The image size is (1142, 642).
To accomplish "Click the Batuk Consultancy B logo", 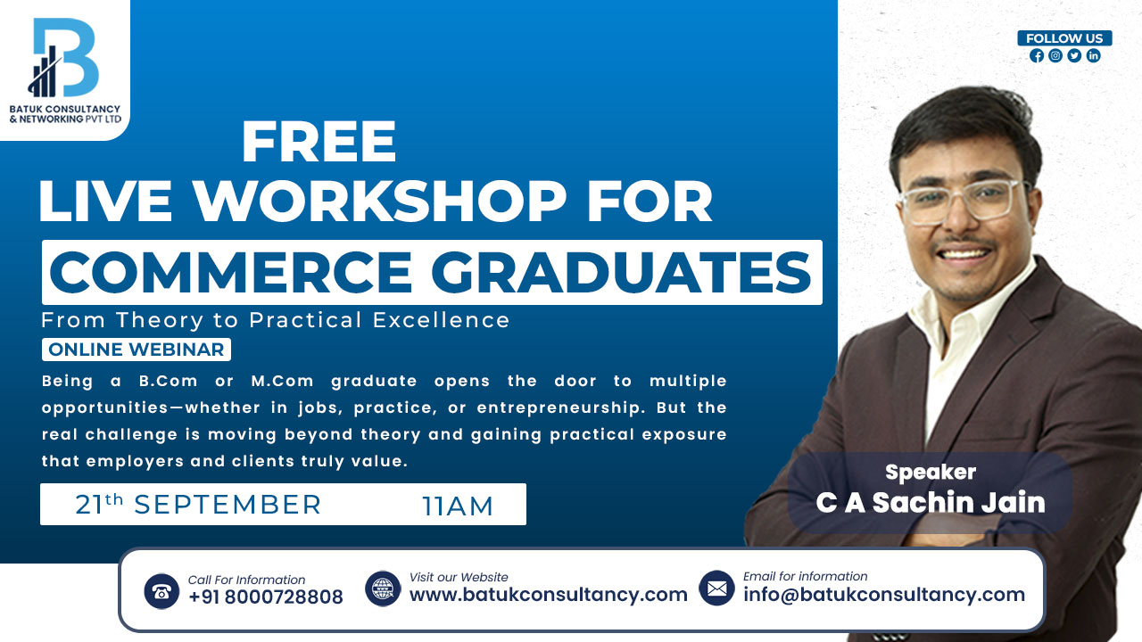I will click(63, 59).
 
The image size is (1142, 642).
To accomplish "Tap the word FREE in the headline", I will click(319, 142).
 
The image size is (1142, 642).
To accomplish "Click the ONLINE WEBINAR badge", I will click(137, 350).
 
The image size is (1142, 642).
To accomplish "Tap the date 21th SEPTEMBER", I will click(198, 505).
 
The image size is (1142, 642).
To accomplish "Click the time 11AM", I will click(458, 506).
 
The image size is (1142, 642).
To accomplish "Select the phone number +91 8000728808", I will click(265, 597).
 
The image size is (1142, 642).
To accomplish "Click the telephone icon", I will click(161, 590).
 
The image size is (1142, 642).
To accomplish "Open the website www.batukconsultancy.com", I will click(548, 595).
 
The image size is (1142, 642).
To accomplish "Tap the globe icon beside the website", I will click(383, 588).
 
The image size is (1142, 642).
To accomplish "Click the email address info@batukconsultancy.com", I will click(883, 595).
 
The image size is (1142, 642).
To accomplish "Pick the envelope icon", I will click(716, 588).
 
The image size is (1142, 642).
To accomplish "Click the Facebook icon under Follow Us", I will click(1036, 55).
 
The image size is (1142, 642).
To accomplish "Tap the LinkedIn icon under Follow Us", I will click(1093, 55).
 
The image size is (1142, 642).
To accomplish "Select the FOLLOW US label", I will click(1064, 38).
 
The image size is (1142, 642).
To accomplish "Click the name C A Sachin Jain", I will click(930, 502).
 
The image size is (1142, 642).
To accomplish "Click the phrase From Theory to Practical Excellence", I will click(276, 320).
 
